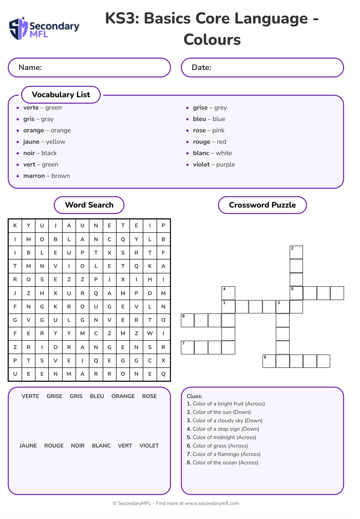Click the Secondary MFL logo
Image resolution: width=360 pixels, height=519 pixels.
[x=44, y=29]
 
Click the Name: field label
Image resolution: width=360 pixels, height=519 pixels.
[x=30, y=67]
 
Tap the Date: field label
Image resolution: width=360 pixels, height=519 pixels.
[x=201, y=67]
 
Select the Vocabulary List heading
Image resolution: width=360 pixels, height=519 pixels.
[x=61, y=95]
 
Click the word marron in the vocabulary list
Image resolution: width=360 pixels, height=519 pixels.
[x=34, y=176]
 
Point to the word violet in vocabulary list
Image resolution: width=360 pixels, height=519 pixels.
[x=201, y=164]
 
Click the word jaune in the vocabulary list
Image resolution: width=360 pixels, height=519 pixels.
[x=31, y=142]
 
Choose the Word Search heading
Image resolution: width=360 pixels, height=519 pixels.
[x=89, y=205]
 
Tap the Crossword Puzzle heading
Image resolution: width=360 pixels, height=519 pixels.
[x=262, y=205]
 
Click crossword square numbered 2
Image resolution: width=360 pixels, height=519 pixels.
[x=296, y=252]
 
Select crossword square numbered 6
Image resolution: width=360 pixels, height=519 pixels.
[x=269, y=361]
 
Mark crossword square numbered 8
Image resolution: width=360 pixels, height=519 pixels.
[x=187, y=320]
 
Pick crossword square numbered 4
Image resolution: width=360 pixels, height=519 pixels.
[x=228, y=293]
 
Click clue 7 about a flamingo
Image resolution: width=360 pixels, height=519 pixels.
[x=223, y=454]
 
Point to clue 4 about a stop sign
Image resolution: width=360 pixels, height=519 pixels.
[x=223, y=429]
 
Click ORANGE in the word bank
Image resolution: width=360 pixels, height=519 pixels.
[x=123, y=396]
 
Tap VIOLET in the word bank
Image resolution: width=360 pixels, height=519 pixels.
[x=149, y=445]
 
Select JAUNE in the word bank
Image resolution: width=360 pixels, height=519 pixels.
[x=28, y=445]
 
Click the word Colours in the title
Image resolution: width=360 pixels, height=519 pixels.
[x=212, y=39]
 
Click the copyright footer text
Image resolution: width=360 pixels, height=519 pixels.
[x=176, y=503]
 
